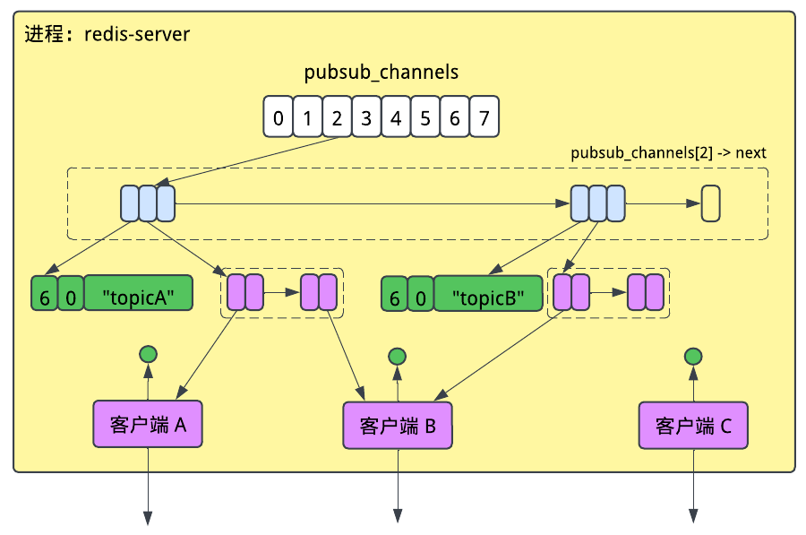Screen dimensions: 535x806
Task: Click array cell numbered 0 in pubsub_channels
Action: pos(279,117)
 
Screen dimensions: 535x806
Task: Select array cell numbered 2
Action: pos(337,117)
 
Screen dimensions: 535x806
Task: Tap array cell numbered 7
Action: pos(484,117)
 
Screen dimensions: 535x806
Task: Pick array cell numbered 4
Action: pos(396,117)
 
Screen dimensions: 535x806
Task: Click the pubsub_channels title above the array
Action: pos(382,73)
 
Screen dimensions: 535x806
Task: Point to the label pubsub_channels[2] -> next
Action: pos(668,152)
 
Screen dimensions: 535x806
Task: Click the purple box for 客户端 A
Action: pos(149,424)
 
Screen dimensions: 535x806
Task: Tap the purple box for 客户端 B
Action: pos(398,425)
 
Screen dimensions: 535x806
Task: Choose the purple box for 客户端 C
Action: pos(693,425)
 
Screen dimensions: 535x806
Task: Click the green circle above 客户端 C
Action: pos(693,357)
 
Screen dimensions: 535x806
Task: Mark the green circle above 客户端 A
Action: pos(149,354)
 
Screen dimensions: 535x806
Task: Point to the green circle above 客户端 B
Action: pos(398,357)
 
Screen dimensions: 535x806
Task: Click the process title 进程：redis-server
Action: pos(107,35)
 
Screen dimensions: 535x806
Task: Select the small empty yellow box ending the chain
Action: pos(711,203)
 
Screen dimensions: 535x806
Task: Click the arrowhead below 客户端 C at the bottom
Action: pos(693,517)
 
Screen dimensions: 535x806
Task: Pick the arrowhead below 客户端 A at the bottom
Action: pos(149,517)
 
